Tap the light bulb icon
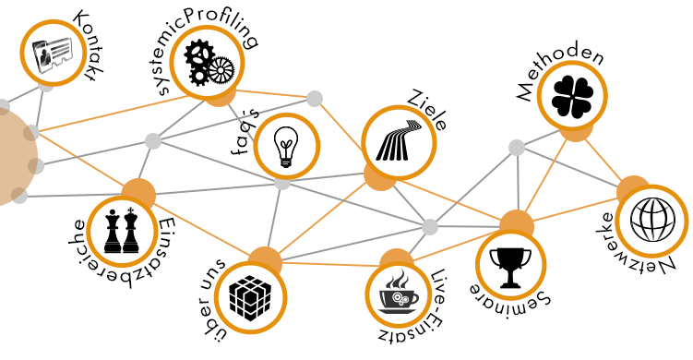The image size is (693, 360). tap(287, 146)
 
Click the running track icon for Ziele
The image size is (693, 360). tap(399, 141)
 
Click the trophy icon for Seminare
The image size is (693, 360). tap(510, 266)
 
